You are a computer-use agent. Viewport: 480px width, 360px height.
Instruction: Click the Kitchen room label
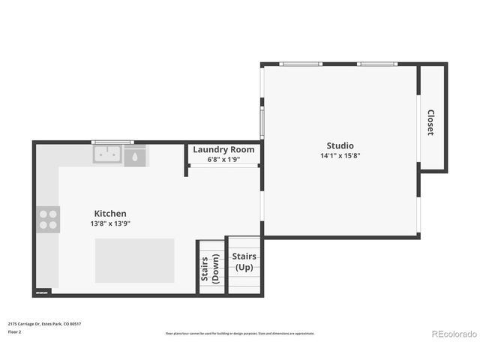click(110, 214)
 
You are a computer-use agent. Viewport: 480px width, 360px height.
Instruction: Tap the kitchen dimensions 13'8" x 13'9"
click(110, 223)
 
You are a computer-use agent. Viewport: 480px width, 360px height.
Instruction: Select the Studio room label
click(340, 145)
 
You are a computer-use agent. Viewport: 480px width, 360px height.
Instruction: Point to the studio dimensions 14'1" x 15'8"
click(340, 156)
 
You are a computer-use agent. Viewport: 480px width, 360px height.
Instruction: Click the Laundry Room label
click(223, 149)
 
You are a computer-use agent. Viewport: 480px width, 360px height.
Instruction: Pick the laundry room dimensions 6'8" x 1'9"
click(223, 159)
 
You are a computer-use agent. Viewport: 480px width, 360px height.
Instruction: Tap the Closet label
click(430, 122)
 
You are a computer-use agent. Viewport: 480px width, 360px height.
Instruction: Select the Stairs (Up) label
click(244, 262)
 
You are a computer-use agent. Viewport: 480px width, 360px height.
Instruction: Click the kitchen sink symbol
click(108, 154)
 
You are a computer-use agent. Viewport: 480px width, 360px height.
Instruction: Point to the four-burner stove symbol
click(48, 219)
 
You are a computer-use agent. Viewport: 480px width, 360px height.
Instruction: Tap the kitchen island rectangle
click(135, 260)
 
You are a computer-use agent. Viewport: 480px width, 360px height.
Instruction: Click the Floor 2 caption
click(15, 331)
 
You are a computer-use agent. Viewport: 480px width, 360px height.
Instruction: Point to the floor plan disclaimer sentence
click(240, 334)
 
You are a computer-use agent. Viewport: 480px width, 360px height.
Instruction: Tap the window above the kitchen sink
click(112, 142)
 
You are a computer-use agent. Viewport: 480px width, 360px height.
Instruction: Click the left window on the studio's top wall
click(300, 64)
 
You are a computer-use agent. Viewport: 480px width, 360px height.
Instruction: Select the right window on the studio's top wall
click(379, 64)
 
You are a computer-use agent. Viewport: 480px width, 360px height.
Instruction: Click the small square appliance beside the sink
click(136, 157)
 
